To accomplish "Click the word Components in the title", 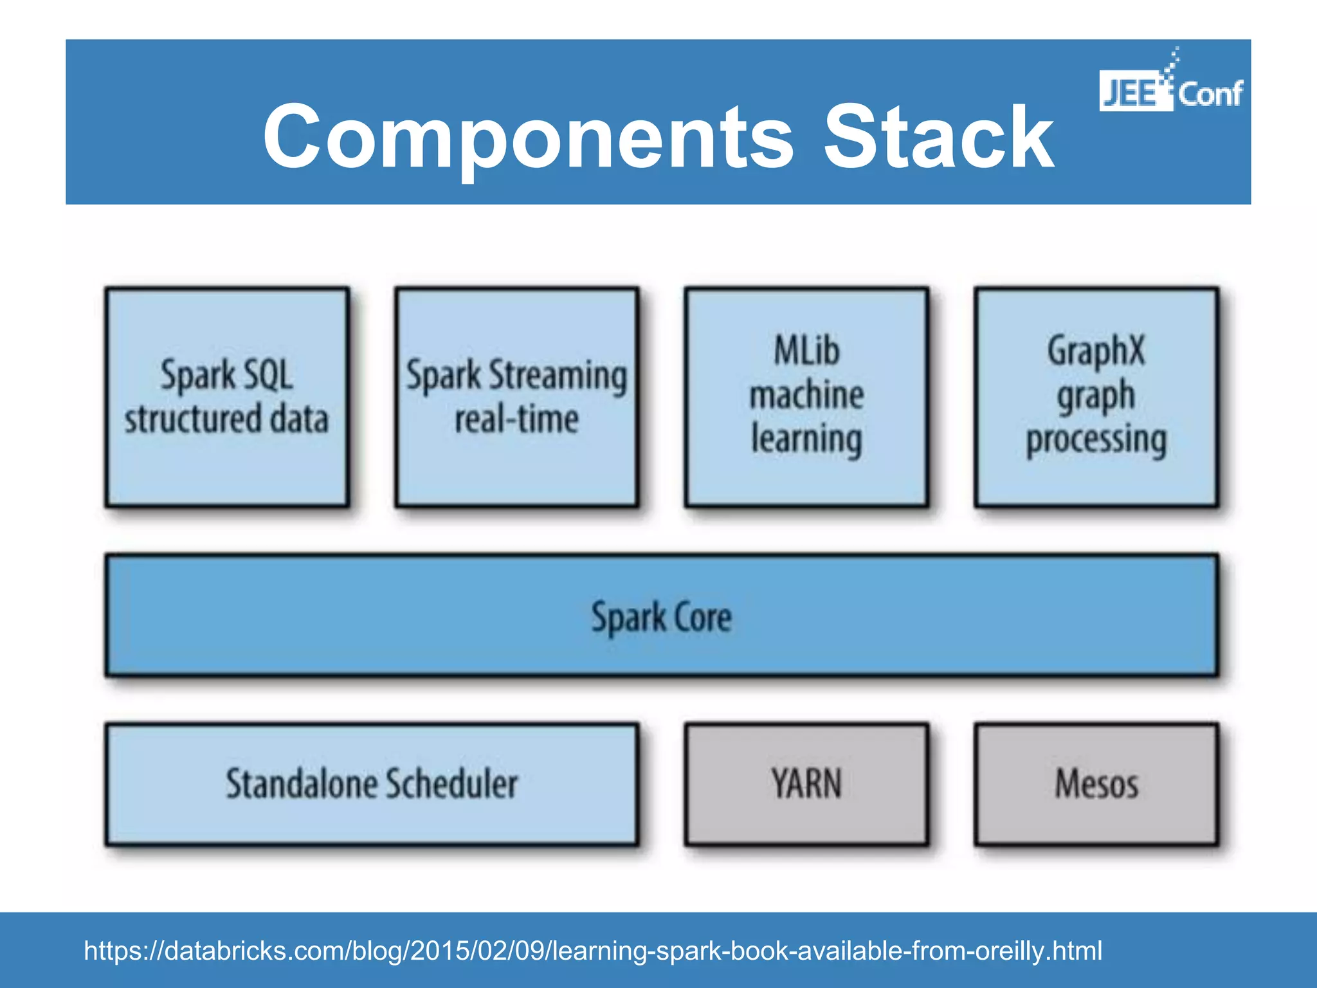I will (x=527, y=138).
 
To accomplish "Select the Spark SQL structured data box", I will (x=227, y=397).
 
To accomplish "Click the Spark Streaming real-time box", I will (x=516, y=397).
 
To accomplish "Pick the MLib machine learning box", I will (x=806, y=397).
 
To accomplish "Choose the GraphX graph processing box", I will (x=1096, y=397).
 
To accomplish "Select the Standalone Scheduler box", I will (x=372, y=783).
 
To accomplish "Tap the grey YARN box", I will (x=806, y=783).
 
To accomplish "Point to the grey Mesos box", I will (x=1096, y=783).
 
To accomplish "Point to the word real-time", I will (x=516, y=419).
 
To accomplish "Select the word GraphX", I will (x=1096, y=351).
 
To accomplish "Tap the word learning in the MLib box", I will (x=806, y=440).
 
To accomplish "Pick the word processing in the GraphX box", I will (x=1096, y=440).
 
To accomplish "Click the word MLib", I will (x=806, y=351).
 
